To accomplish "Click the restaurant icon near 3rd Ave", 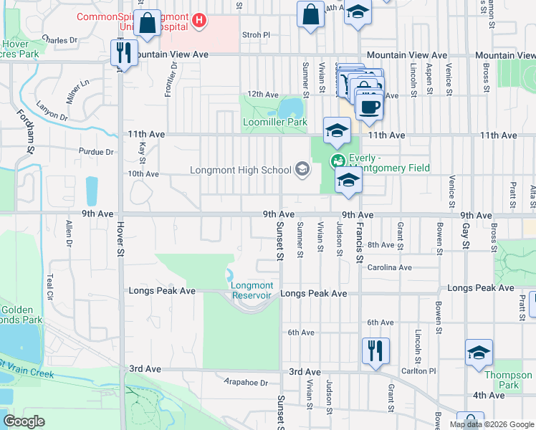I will tap(375, 350).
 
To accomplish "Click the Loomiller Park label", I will tap(275, 123).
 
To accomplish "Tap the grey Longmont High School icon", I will tap(302, 169).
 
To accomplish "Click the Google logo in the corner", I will tap(24, 421).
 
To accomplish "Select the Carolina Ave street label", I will tap(389, 267).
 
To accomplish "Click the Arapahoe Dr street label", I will tap(245, 383).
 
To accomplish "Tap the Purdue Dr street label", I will tap(99, 152).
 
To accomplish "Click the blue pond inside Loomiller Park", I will tap(291, 108).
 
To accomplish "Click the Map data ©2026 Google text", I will tap(491, 424).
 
